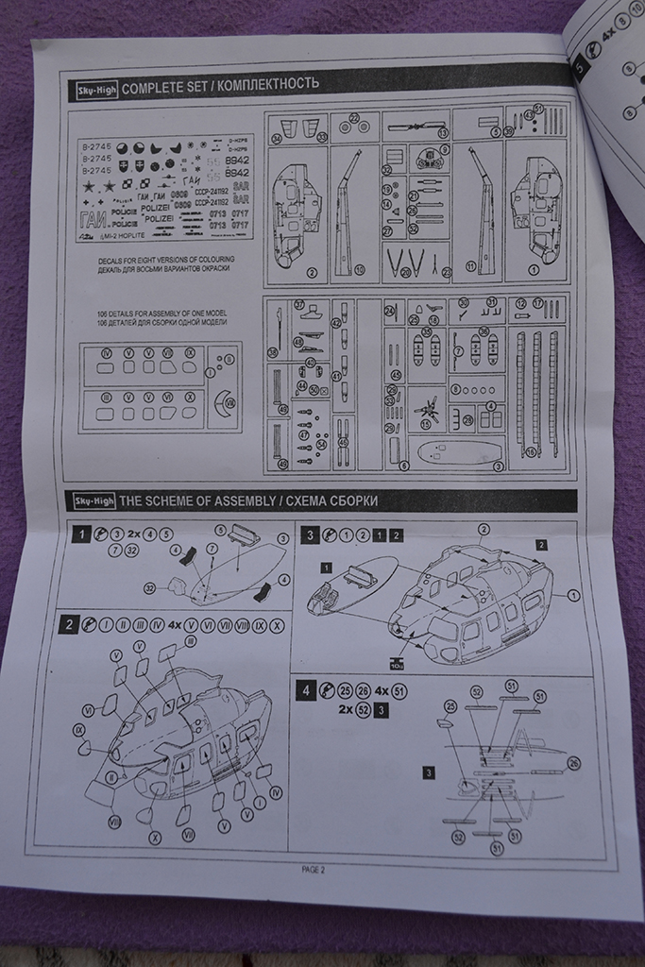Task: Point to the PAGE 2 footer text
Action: [x=313, y=870]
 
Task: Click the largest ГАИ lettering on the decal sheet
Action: [x=95, y=221]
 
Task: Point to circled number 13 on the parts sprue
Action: [x=444, y=133]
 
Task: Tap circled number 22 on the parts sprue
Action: [x=355, y=119]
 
